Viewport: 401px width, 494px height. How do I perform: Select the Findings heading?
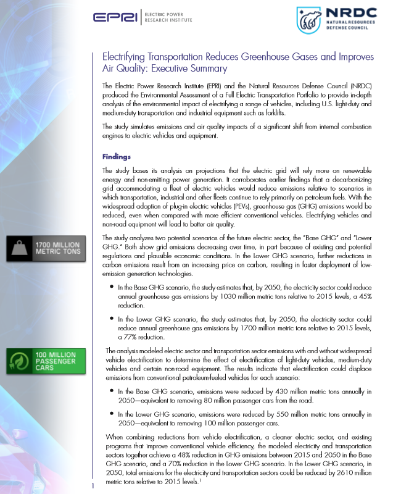pos(116,156)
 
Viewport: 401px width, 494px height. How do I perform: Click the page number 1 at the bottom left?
pos(92,487)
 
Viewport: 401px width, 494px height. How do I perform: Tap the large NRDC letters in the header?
pos(350,13)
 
